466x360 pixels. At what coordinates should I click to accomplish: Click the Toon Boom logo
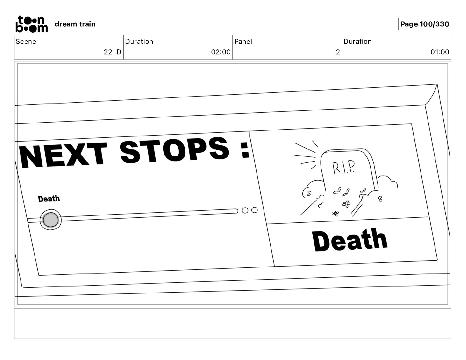click(x=31, y=24)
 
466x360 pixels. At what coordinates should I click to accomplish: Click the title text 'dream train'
click(x=75, y=24)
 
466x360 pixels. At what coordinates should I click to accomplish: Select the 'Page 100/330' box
click(x=425, y=24)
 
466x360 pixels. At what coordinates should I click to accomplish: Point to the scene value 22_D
click(x=112, y=52)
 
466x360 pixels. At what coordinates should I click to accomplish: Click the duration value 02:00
click(x=221, y=52)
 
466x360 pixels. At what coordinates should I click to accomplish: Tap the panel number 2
click(x=338, y=52)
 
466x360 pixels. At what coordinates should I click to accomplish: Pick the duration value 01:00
click(x=440, y=52)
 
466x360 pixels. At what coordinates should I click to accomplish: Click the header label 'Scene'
click(x=26, y=41)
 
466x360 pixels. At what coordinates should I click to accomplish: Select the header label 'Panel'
click(x=243, y=41)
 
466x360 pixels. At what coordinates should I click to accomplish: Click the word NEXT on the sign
click(x=63, y=155)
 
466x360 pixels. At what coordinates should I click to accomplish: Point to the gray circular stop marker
click(x=51, y=220)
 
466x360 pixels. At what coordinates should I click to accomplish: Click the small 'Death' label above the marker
click(x=49, y=199)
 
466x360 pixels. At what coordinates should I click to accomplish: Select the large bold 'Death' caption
click(x=350, y=240)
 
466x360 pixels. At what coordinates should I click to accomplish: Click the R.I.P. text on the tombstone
click(x=344, y=167)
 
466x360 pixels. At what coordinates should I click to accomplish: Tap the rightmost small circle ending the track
click(x=254, y=210)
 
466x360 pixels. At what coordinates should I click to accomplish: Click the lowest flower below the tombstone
click(x=335, y=214)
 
